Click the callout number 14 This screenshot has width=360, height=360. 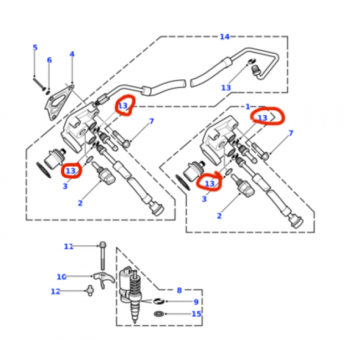point(224,37)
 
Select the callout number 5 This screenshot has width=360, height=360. point(35,48)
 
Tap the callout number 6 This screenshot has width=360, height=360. point(49,60)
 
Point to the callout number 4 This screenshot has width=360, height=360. point(72,54)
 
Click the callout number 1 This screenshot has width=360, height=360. point(248,107)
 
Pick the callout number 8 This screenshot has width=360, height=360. point(179,290)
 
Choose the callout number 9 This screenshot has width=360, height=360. point(196,302)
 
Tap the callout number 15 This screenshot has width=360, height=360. point(196,314)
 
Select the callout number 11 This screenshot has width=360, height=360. point(69,246)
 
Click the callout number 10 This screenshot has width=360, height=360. point(61,277)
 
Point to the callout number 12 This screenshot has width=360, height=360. point(55,291)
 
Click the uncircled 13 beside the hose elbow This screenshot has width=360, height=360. point(226,88)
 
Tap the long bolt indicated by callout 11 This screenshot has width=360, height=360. point(102,255)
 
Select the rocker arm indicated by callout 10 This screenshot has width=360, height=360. point(104,279)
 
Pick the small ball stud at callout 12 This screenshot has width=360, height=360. point(90,291)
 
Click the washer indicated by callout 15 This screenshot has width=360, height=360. point(159,313)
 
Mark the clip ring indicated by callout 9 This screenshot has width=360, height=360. point(159,301)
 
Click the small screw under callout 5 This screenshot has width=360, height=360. point(39,84)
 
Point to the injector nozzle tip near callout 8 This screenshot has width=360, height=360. point(135,320)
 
